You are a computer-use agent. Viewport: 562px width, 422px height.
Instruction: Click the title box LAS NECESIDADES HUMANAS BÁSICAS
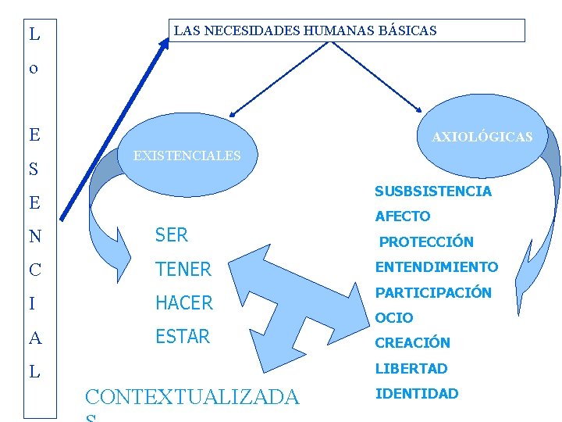click(347, 31)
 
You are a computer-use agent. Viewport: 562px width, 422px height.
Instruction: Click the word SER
click(172, 234)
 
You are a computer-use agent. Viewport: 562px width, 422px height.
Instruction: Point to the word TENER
click(183, 270)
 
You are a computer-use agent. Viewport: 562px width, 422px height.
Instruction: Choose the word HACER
click(184, 303)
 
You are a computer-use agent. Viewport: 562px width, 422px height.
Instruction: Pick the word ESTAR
click(183, 337)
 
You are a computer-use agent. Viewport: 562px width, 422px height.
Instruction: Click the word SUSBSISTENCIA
click(433, 191)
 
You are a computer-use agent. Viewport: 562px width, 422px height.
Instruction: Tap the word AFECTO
click(403, 216)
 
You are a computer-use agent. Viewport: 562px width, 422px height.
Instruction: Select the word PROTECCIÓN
click(426, 242)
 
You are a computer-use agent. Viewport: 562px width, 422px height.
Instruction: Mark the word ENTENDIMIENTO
click(436, 267)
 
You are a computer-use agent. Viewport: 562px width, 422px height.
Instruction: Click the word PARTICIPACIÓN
click(433, 293)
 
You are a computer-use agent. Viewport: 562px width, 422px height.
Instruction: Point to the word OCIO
click(394, 318)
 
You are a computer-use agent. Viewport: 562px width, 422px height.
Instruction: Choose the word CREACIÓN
click(413, 343)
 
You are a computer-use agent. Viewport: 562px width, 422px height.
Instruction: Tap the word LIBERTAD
click(411, 368)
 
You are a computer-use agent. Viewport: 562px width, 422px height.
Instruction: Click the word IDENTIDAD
click(417, 394)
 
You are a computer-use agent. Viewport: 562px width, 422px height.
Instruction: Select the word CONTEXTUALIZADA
click(191, 398)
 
